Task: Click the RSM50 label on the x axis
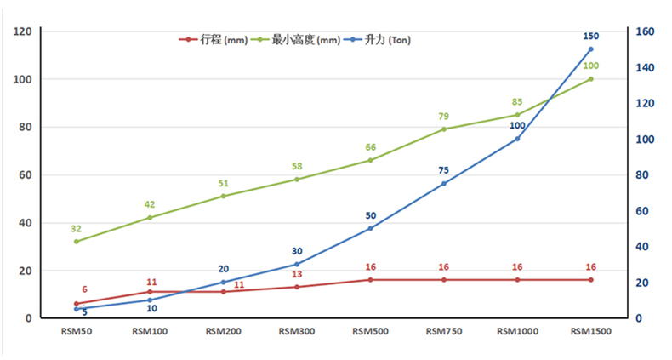point(76,331)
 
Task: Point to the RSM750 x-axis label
point(443,331)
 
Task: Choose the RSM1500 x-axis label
point(590,331)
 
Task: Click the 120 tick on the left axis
point(23,31)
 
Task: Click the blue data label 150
point(590,37)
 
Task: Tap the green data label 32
point(76,229)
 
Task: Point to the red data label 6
point(84,290)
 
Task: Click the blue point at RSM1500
point(590,49)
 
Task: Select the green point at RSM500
point(370,160)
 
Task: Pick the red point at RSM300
point(296,287)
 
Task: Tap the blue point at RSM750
point(443,184)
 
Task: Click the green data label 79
point(443,117)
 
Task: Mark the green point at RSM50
point(76,242)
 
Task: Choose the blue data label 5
point(84,312)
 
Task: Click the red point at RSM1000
point(517,280)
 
